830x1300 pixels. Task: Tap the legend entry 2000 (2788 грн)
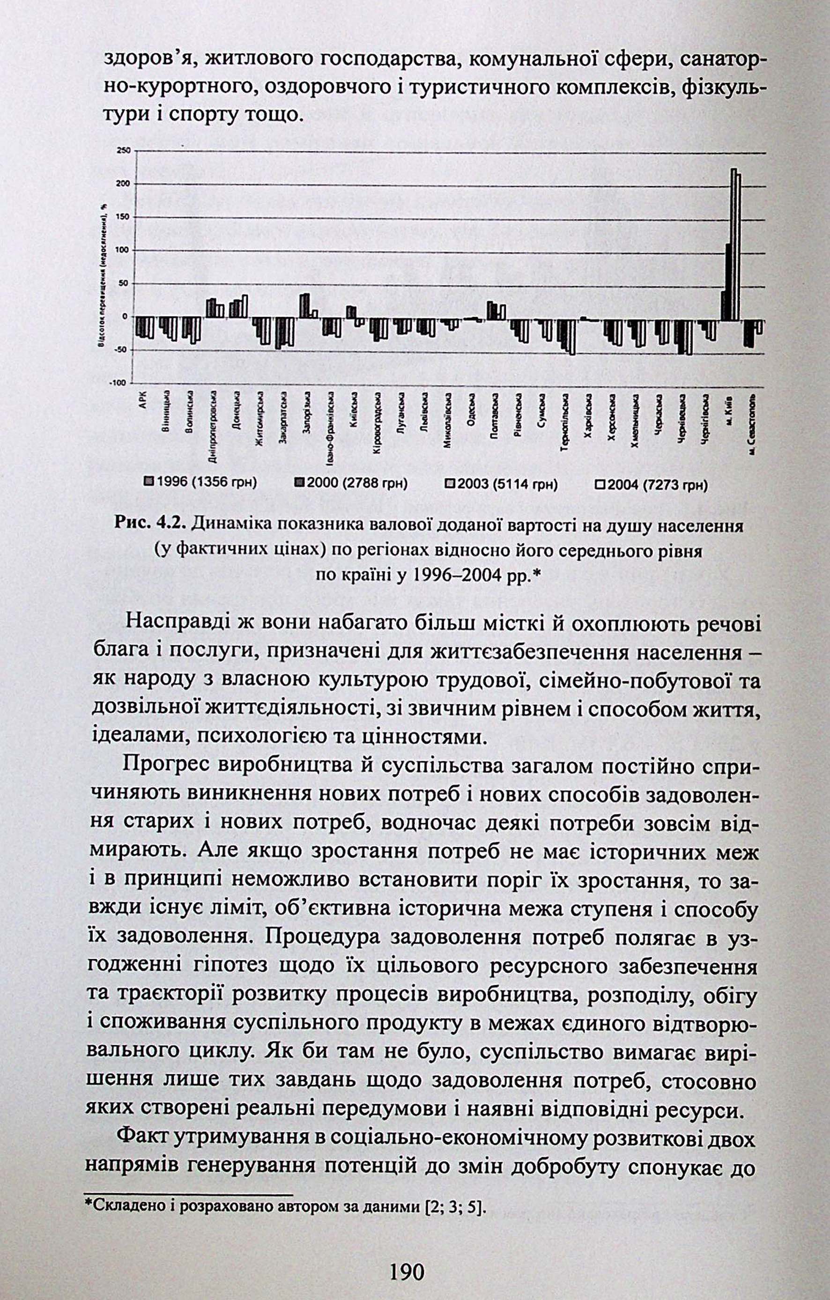[x=350, y=483]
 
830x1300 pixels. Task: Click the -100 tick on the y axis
[x=120, y=383]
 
